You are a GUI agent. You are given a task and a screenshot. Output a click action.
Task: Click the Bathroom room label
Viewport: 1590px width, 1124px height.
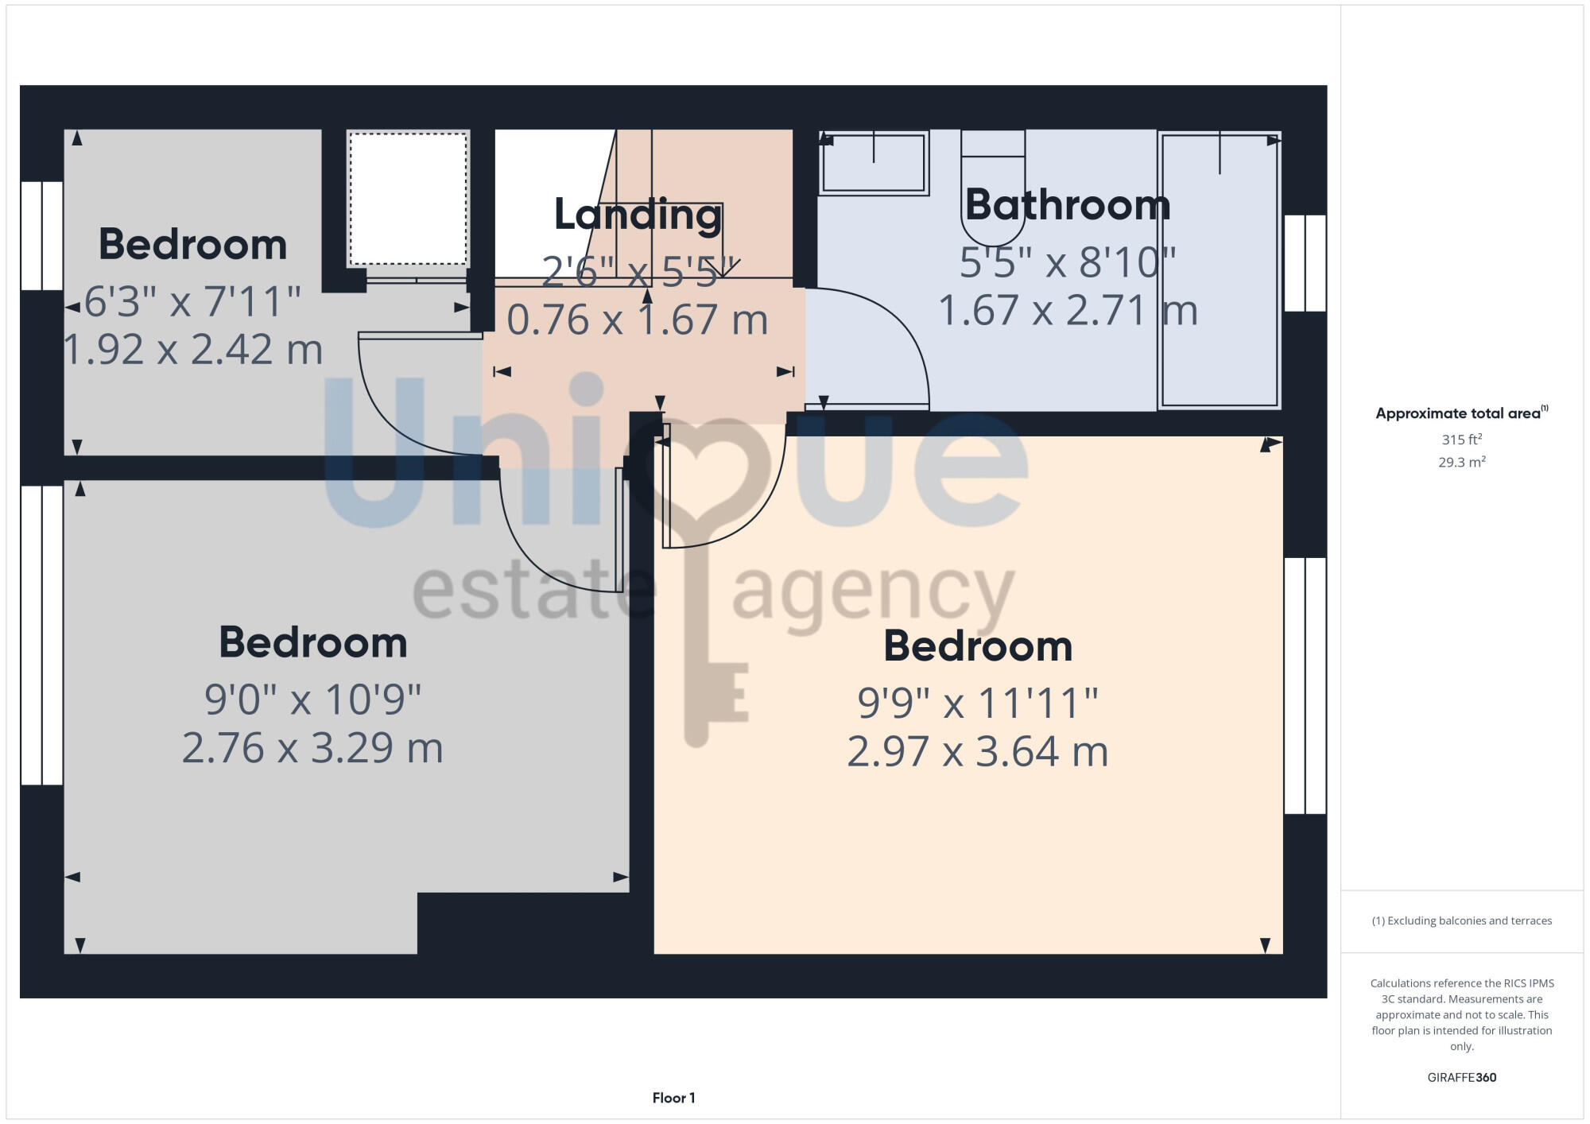pos(1068,205)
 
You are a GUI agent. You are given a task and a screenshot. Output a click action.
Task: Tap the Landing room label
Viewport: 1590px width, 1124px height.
pos(638,215)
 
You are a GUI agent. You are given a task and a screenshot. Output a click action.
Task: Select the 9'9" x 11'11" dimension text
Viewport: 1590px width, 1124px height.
pos(978,703)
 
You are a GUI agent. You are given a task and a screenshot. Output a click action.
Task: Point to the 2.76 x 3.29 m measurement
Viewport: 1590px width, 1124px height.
pos(312,748)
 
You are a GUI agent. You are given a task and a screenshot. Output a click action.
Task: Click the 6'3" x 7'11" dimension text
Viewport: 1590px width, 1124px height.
pos(192,302)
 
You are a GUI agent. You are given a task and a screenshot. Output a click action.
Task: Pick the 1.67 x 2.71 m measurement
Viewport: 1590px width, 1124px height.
pos(1068,311)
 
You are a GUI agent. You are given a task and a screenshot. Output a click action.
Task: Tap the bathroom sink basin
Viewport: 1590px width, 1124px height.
pos(874,163)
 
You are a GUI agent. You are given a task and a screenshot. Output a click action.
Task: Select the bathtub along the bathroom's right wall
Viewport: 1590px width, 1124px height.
pos(1220,270)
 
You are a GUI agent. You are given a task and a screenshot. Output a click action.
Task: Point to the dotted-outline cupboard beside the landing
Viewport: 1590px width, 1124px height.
pos(408,199)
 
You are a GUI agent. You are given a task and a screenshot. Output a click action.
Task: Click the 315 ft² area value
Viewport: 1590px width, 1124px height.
pos(1461,440)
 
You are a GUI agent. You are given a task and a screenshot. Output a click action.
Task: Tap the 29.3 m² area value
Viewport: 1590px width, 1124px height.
pos(1461,462)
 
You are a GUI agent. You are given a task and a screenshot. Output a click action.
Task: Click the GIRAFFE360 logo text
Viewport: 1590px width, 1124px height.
pos(1461,1078)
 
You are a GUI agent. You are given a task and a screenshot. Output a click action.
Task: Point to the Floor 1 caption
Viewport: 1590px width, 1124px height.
pos(673,1098)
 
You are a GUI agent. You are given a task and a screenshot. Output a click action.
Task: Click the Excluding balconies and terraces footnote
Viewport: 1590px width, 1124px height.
pos(1461,921)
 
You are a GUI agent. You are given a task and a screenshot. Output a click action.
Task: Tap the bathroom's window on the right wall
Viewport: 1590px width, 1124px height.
pos(1305,263)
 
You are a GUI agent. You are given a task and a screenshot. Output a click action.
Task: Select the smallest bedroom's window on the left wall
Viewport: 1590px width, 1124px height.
pos(41,235)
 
